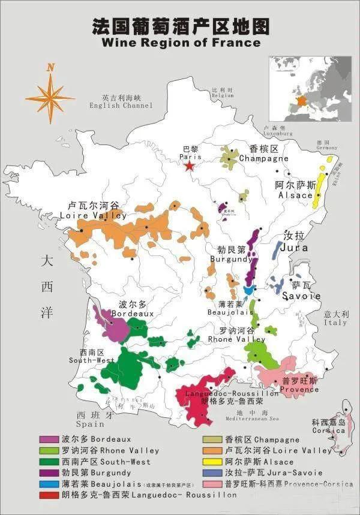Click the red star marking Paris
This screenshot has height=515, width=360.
coord(190,165)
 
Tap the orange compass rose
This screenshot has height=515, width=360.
coord(50,96)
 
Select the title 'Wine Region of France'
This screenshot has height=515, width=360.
coord(181,43)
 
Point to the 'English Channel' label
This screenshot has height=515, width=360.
coord(121,106)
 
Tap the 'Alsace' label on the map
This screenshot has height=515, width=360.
coord(295,195)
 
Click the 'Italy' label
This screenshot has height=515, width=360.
coord(335,323)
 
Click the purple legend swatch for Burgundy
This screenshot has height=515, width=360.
coord(49,473)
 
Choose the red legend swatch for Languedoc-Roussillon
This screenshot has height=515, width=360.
coord(49,495)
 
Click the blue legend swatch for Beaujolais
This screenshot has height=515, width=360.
coord(49,484)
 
